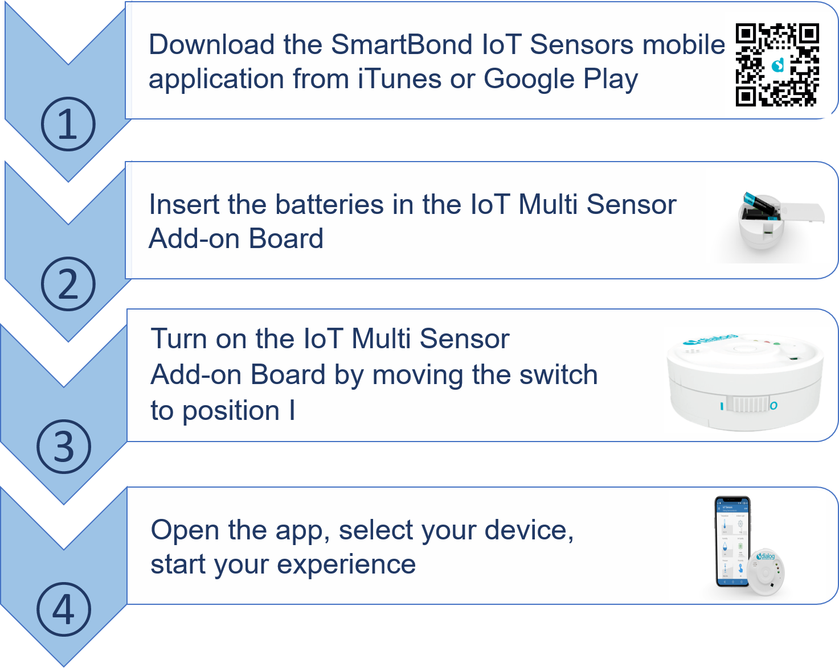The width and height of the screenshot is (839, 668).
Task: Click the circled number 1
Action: pos(68,124)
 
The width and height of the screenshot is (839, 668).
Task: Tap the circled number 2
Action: pos(68,284)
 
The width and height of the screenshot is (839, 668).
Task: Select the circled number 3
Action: pos(64,446)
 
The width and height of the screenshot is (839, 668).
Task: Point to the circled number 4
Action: pos(64,609)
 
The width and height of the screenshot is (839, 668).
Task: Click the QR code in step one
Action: pos(777,65)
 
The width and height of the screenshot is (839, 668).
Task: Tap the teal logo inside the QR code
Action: pos(778,65)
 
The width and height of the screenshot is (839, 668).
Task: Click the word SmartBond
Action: pos(402,44)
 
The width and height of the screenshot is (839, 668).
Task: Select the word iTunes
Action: pos(399,79)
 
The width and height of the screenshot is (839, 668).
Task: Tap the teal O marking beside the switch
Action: pos(774,406)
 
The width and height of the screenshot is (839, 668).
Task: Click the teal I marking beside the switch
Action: pos(722,406)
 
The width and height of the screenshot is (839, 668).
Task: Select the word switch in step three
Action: pos(558,375)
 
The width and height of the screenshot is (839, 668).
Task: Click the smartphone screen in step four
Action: pos(733,542)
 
